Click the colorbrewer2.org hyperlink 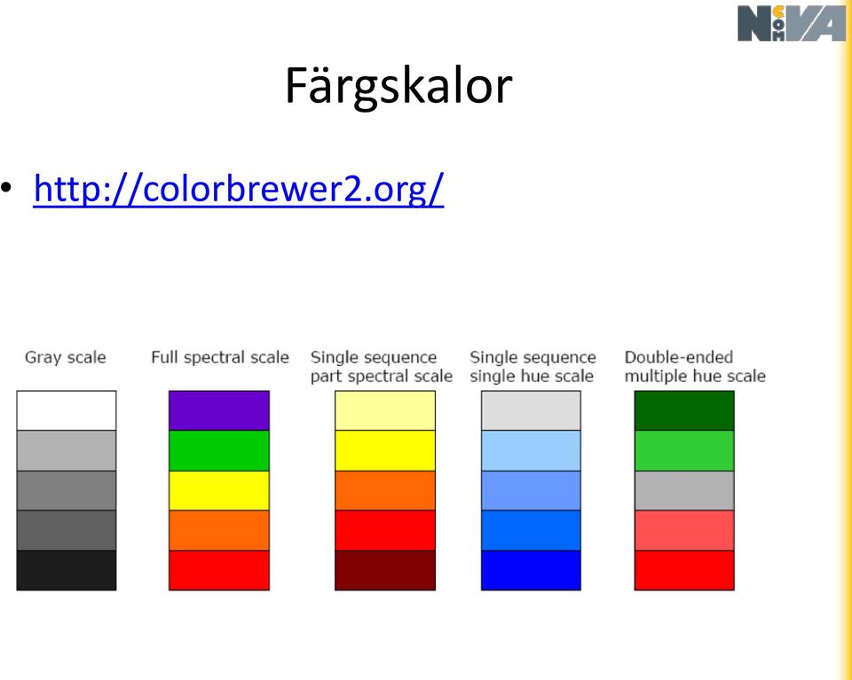239,189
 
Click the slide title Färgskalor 398,86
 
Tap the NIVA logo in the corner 792,23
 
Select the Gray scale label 65,357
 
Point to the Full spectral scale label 220,357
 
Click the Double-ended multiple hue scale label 695,366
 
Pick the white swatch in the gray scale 67,410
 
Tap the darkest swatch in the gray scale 67,570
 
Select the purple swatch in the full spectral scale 219,410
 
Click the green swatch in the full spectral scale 219,450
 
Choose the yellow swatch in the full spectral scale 219,490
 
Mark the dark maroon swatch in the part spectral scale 385,570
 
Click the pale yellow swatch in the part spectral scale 385,410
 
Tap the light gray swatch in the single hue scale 531,410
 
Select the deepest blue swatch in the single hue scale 531,570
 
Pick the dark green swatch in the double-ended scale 684,410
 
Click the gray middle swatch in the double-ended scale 684,490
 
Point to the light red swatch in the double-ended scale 684,530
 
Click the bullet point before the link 6,188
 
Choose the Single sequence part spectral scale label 382,366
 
